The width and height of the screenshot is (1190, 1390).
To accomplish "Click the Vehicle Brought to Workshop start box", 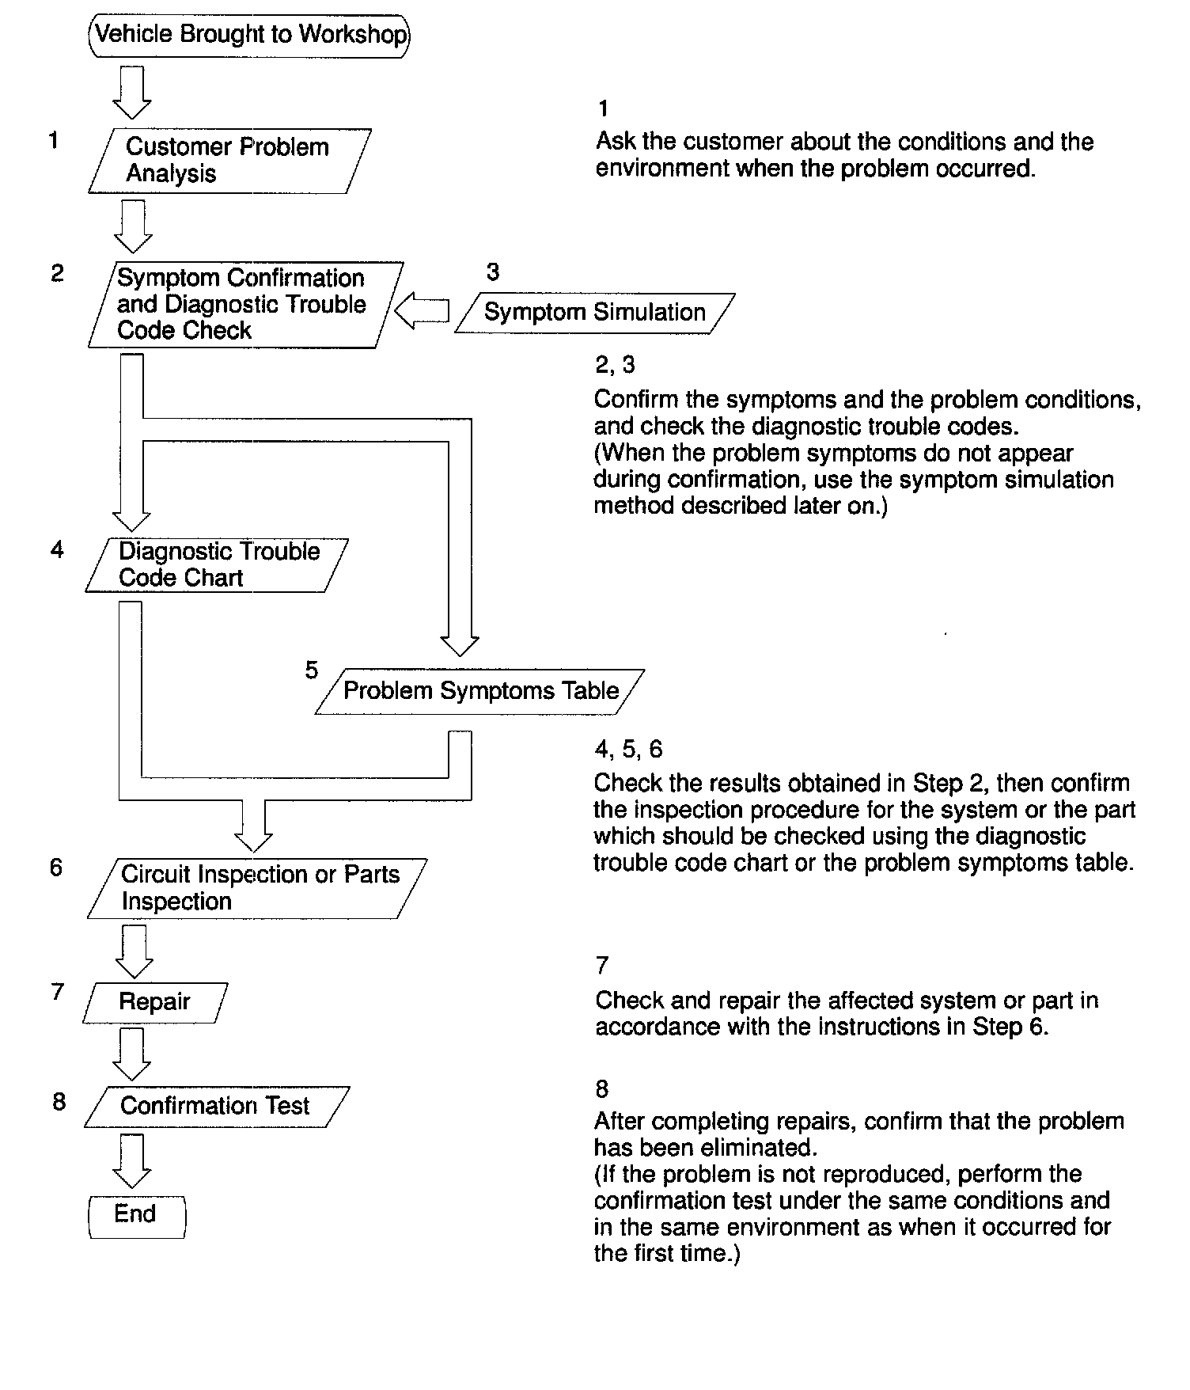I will point(250,35).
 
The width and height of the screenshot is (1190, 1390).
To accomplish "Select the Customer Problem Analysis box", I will point(229,161).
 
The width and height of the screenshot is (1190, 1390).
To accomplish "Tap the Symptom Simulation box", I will point(594,313).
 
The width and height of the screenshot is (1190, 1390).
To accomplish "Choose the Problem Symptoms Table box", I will point(480,691).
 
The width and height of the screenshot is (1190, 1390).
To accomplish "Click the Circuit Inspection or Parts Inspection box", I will point(258,888).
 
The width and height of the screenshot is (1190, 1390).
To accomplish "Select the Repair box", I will point(155,1002).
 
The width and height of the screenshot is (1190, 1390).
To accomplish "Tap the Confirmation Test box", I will point(215,1106).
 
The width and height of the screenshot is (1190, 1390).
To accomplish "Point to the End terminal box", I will point(136,1216).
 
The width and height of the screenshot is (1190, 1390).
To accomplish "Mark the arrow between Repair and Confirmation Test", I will point(132,1054).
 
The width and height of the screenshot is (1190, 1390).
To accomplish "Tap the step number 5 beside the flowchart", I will point(312,670).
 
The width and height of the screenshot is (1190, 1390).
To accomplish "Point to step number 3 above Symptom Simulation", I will point(493,272).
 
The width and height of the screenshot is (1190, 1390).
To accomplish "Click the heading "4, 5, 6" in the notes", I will point(628,749).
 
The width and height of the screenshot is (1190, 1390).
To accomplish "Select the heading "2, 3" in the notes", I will point(615,365).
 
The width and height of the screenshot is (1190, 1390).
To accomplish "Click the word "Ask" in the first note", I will point(616,142).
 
